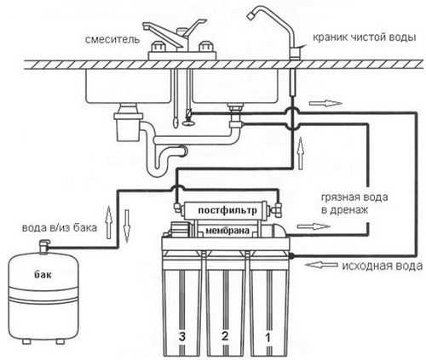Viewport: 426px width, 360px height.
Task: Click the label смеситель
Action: pos(112,39)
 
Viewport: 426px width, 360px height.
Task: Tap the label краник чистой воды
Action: pos(365,37)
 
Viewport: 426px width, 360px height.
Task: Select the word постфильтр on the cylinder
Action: pos(227,210)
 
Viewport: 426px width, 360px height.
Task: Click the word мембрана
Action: pos(227,231)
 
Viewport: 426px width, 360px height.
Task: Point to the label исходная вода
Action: pos(382,266)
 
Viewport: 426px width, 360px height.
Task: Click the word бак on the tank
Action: pos(43,274)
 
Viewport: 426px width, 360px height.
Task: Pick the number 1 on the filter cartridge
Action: pos(268,338)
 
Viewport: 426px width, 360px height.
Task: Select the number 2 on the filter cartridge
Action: pos(225,336)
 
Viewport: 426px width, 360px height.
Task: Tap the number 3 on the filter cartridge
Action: pos(182,336)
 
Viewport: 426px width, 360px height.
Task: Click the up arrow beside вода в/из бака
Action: pos(108,222)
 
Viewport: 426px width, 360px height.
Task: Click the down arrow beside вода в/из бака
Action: pos(127,226)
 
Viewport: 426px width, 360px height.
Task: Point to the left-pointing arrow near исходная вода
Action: pos(321,265)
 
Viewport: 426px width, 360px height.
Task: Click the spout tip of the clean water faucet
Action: pos(250,16)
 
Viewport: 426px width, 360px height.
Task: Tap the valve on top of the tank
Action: pos(44,247)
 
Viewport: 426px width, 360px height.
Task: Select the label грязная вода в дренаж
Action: pos(354,203)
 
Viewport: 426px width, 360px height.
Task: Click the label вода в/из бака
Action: pos(60,228)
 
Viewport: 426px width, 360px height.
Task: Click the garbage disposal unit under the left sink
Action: pos(128,123)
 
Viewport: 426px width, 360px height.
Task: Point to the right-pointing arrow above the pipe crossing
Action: pos(325,103)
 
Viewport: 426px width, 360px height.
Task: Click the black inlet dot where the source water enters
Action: pos(291,256)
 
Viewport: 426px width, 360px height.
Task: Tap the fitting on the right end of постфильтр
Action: pos(276,209)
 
